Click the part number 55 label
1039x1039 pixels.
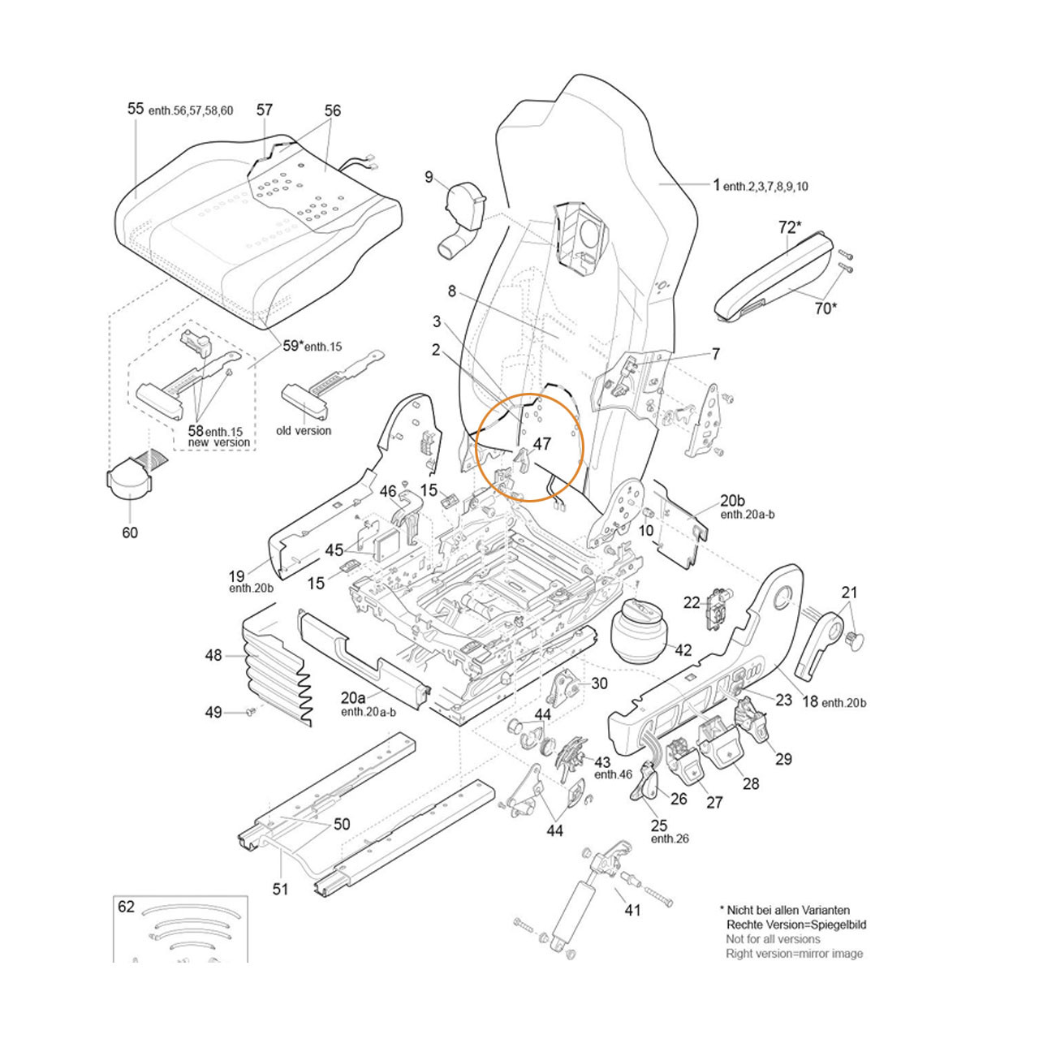pyautogui.click(x=136, y=109)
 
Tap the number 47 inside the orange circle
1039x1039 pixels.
pyautogui.click(x=541, y=444)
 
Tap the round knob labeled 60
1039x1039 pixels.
pyautogui.click(x=129, y=478)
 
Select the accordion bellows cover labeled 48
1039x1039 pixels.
pyautogui.click(x=272, y=666)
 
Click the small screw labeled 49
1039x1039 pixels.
pyautogui.click(x=250, y=712)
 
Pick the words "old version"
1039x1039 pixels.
pyautogui.click(x=304, y=431)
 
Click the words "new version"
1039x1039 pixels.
pyautogui.click(x=219, y=442)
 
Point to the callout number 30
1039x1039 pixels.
pyautogui.click(x=599, y=683)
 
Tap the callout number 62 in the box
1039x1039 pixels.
pyautogui.click(x=126, y=907)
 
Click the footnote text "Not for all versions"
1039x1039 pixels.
pyautogui.click(x=773, y=939)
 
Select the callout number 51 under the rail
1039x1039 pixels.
pyautogui.click(x=280, y=890)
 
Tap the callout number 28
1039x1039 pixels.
pyautogui.click(x=752, y=782)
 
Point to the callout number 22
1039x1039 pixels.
pyautogui.click(x=692, y=601)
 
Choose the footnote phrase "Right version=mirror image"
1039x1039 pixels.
pyautogui.click(x=795, y=954)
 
